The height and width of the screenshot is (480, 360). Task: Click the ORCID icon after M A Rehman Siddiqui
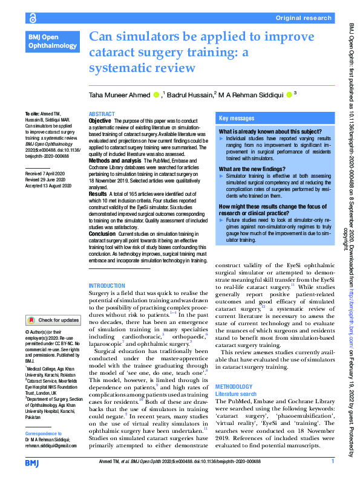tap(289, 94)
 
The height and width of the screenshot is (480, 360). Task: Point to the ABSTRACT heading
tap(102, 114)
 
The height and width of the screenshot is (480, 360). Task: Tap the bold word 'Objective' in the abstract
tap(101, 120)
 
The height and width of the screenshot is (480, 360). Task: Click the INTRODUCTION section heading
tap(106, 285)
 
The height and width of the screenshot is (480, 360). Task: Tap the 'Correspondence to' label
tap(45, 434)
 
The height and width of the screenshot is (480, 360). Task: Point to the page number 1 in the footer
tap(333, 461)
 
